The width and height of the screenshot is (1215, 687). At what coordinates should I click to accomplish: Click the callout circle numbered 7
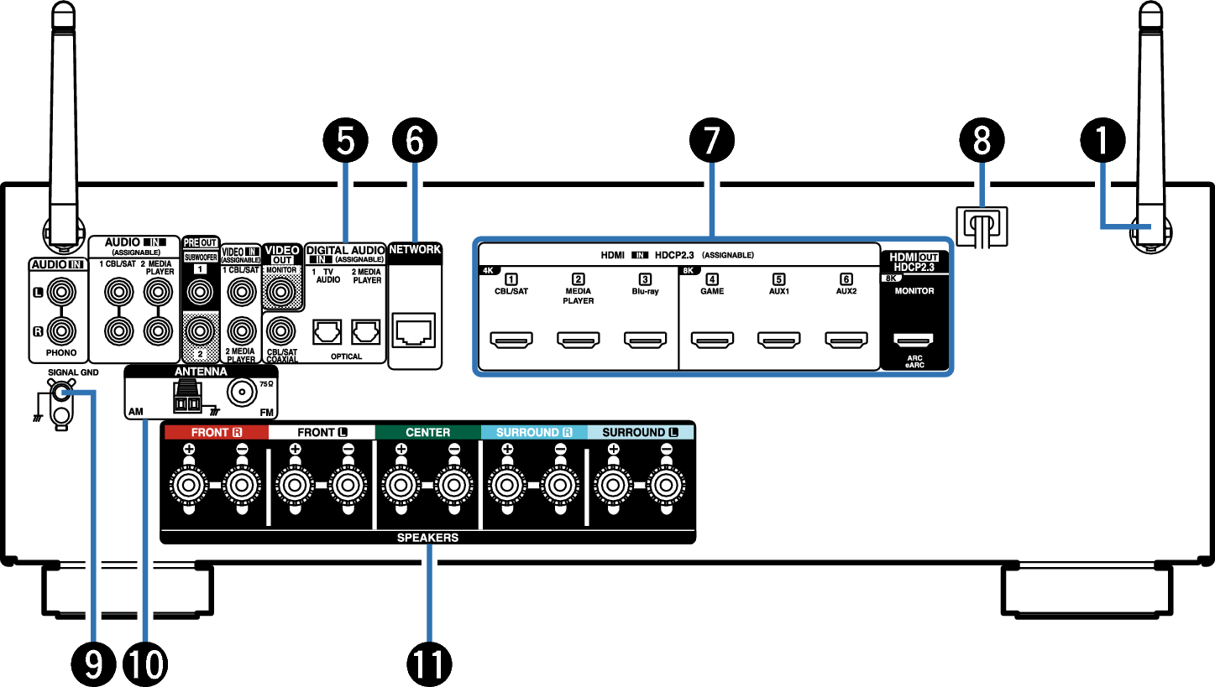[x=712, y=140]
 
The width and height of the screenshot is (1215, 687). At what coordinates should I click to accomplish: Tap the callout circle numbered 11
[x=429, y=664]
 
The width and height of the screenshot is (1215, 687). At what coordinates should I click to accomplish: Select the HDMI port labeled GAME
[x=712, y=340]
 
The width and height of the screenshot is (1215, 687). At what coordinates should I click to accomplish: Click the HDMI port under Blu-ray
[x=645, y=340]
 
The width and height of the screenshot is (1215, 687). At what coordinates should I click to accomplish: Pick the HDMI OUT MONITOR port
[x=914, y=340]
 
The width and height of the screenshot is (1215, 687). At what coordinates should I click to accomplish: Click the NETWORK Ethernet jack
[x=414, y=330]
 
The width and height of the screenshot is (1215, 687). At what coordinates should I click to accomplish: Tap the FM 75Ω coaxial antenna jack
[x=242, y=391]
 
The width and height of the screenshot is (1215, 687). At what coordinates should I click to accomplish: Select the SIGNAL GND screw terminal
[x=60, y=393]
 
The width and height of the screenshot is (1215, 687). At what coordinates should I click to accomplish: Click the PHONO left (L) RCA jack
[x=61, y=293]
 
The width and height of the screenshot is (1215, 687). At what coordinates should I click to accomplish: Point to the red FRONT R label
[x=216, y=432]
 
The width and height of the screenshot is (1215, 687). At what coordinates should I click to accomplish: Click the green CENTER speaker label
[x=428, y=432]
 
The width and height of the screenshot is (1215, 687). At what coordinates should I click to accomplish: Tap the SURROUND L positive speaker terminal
[x=614, y=485]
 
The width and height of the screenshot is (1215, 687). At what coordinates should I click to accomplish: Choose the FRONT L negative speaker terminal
[x=348, y=485]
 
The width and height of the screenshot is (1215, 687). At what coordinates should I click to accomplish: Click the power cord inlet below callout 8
[x=982, y=226]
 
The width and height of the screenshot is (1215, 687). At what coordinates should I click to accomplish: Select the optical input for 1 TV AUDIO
[x=327, y=332]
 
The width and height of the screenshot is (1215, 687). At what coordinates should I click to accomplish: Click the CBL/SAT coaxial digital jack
[x=281, y=330]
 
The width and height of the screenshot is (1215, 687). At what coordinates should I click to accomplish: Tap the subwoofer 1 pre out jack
[x=200, y=293]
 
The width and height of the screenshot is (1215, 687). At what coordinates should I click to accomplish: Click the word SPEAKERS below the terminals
[x=428, y=538]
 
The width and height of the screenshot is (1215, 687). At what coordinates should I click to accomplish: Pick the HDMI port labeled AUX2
[x=846, y=340]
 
